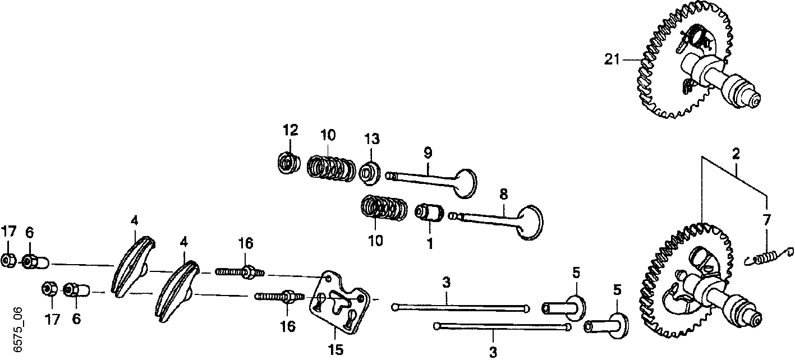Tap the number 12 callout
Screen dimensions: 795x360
click(290, 130)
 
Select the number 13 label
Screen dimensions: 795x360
click(371, 139)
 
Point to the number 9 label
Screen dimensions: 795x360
click(428, 153)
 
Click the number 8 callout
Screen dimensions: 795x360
click(503, 194)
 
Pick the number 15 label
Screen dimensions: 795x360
click(336, 350)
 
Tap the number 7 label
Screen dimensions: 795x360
click(766, 220)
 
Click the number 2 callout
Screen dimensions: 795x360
click(736, 154)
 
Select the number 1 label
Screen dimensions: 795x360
click(429, 244)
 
